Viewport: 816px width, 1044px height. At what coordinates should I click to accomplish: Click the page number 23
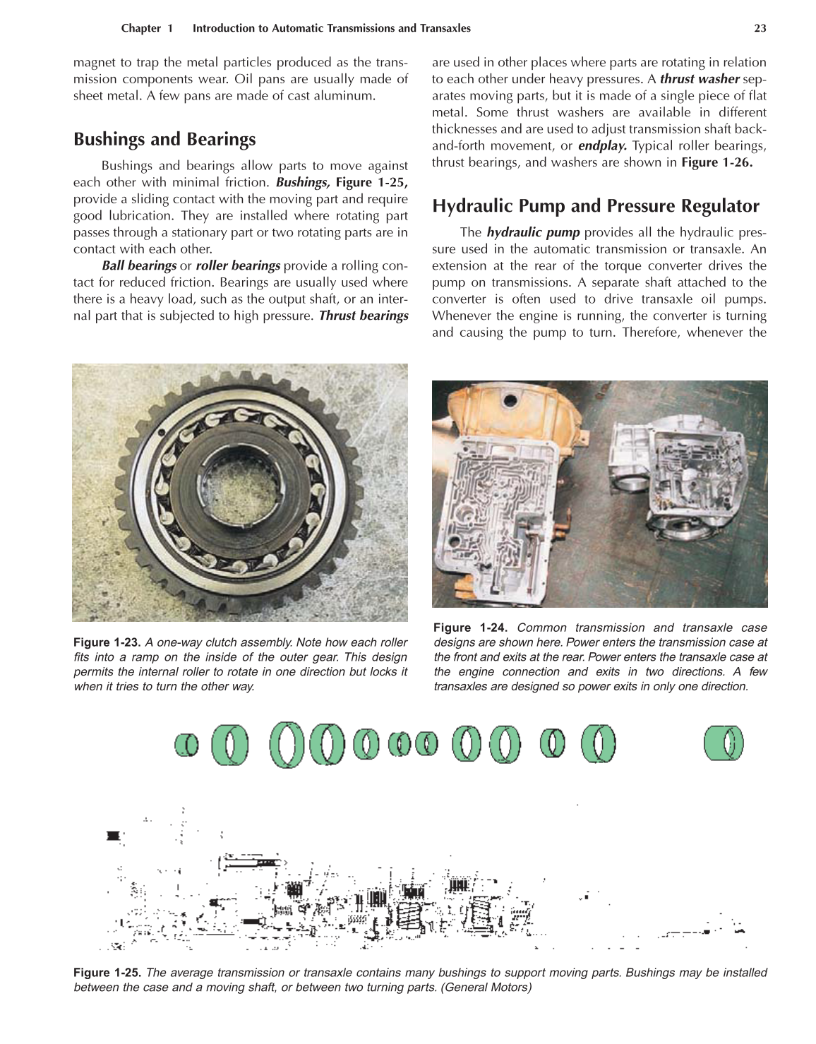point(760,28)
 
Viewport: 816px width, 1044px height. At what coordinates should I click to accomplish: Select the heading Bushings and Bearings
point(164,139)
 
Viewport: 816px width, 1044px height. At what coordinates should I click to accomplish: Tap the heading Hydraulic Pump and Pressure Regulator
point(595,206)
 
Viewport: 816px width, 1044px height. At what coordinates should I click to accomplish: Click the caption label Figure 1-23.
point(107,642)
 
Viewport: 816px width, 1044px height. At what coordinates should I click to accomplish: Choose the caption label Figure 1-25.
point(107,973)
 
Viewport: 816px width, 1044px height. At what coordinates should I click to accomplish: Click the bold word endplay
point(602,146)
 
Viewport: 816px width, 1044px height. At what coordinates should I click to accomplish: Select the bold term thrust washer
point(699,79)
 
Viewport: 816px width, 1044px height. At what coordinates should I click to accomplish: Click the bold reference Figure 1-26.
point(716,163)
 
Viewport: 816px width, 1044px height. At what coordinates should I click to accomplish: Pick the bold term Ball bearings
point(139,265)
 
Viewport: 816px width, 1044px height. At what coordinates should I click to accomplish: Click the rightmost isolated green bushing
point(724,744)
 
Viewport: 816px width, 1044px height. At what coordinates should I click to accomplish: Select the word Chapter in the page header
point(141,28)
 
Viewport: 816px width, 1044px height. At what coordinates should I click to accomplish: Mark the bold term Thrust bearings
point(364,316)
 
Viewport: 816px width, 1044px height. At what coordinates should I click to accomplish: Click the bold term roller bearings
point(238,265)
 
